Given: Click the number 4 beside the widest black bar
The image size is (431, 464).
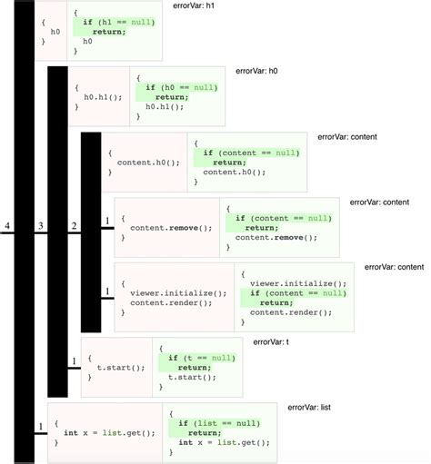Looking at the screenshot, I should pyautogui.click(x=7, y=224).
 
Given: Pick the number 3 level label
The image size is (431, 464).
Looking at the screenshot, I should pyautogui.click(x=41, y=224).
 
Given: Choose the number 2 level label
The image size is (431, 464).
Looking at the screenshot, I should pyautogui.click(x=75, y=224).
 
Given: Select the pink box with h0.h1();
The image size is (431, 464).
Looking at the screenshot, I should pyautogui.click(x=98, y=95).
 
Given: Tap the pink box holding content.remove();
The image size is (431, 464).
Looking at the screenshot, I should pyautogui.click(x=167, y=227).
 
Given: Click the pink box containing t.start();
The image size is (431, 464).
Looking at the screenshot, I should pyautogui.click(x=114, y=368).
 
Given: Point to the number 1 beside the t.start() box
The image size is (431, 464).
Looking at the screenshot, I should pyautogui.click(x=75, y=363).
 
